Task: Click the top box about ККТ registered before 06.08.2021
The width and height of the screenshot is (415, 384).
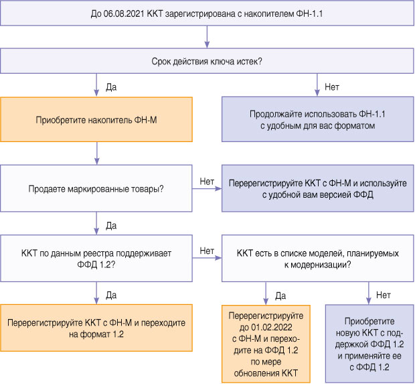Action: (207, 13)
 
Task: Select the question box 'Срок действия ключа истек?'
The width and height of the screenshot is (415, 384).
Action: (207, 61)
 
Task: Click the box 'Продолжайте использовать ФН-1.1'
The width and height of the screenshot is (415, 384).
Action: (317, 119)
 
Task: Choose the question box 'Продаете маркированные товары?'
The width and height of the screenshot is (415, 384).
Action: (96, 189)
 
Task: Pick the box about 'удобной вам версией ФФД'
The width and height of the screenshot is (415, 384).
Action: (317, 189)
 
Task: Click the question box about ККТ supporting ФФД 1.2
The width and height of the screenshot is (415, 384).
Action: (96, 258)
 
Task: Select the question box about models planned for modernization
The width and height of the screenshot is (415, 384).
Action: (317, 258)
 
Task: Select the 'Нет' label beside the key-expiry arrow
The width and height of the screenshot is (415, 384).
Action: (331, 86)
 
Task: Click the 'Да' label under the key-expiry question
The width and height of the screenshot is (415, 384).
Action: (112, 86)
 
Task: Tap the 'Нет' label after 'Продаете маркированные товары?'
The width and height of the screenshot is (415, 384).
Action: (207, 181)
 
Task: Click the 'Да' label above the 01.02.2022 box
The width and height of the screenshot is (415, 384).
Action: (280, 295)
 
